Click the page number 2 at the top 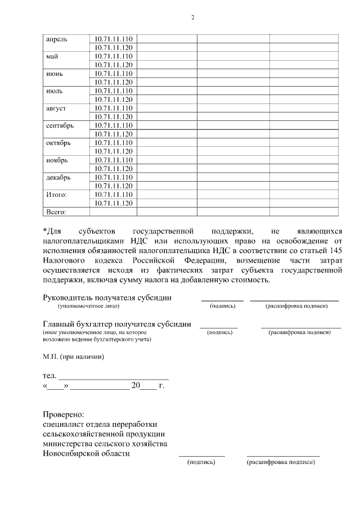point(193,17)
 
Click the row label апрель point(56,39)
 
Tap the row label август point(56,108)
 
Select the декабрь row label point(58,178)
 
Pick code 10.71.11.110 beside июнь point(113,74)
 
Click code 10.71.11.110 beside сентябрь point(113,125)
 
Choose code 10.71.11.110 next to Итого point(113,195)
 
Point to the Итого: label point(56,195)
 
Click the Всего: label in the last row point(55,212)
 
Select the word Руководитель point(69,298)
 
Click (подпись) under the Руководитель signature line point(222,307)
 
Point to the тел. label point(49,376)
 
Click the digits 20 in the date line point(134,386)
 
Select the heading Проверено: point(64,414)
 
